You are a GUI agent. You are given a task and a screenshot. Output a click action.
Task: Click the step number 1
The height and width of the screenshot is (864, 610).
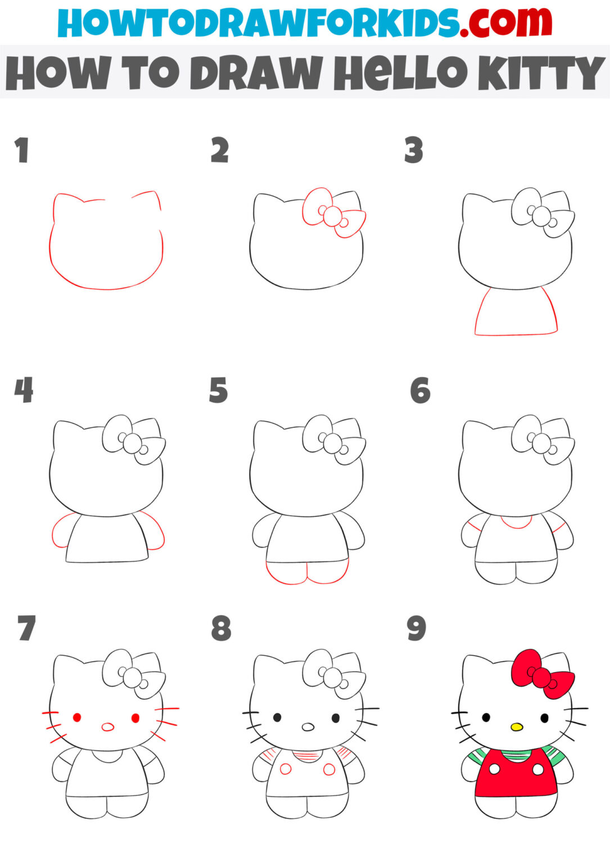22,151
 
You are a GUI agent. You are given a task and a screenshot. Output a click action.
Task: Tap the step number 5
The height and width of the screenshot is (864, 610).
218,391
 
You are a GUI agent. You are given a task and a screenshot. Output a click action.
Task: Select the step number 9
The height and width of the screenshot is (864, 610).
417,629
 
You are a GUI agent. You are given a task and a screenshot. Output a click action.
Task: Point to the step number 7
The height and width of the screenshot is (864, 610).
26,629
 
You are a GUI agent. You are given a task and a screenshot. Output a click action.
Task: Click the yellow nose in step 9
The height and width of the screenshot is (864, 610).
517,727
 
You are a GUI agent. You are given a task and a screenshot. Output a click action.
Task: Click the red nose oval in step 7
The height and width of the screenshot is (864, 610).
107,727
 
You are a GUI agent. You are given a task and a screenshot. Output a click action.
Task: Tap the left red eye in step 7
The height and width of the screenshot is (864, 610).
77,718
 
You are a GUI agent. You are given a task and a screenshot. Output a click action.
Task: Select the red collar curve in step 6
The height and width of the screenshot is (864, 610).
516,523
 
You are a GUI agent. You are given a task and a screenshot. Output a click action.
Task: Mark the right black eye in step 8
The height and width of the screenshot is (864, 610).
336,718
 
